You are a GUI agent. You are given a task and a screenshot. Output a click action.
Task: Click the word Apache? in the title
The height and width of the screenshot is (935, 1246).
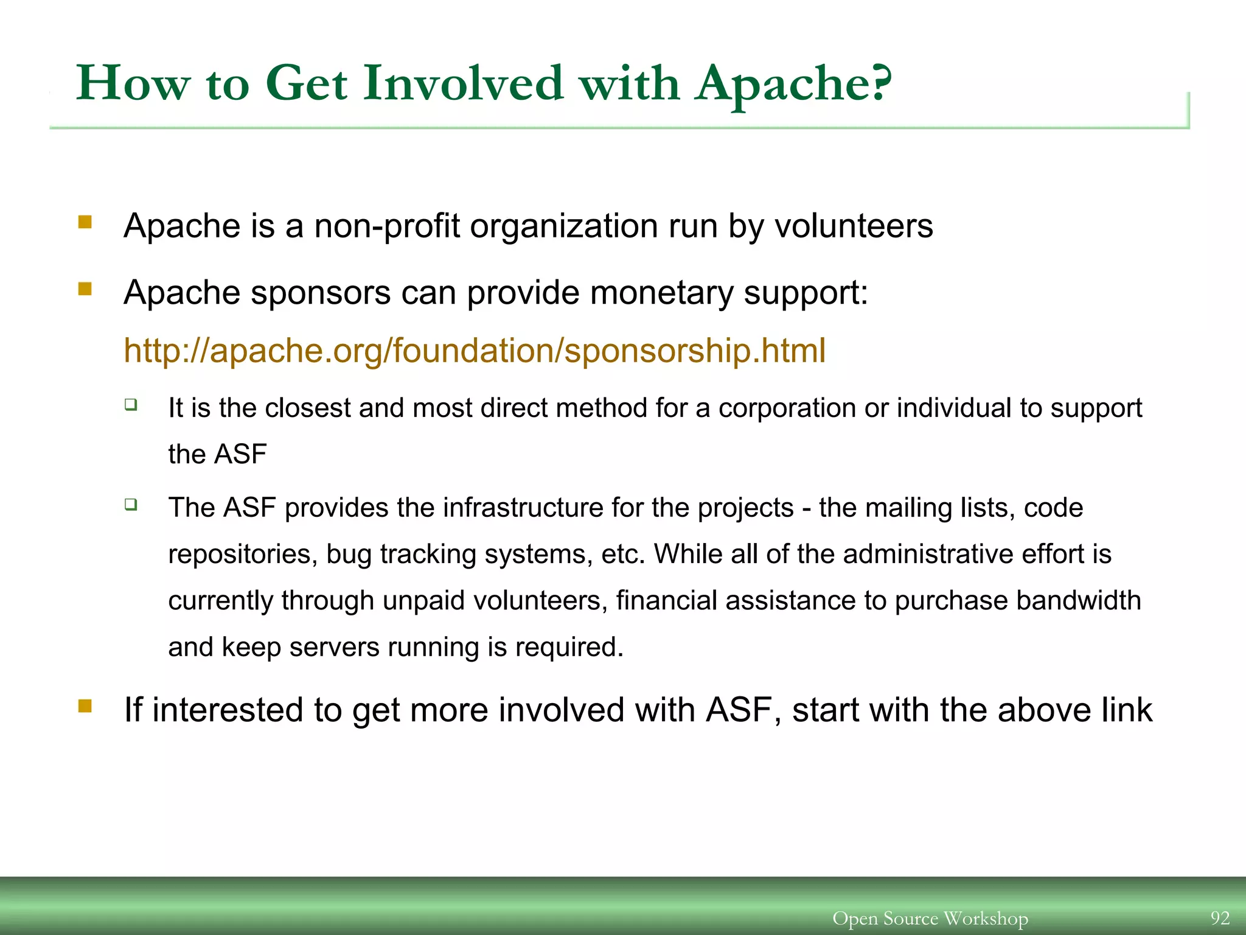coord(794,85)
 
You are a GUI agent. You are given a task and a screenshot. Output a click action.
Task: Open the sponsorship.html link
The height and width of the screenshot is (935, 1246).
coord(475,351)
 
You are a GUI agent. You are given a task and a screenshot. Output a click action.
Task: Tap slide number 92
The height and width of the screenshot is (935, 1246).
coord(1220,918)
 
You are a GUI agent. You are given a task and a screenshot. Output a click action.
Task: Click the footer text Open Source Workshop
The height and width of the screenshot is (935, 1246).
coord(930,918)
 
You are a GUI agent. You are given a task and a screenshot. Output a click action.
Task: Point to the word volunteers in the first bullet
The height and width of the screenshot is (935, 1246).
coord(853,226)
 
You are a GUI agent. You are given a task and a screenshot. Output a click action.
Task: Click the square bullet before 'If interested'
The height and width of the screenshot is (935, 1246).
coord(85,706)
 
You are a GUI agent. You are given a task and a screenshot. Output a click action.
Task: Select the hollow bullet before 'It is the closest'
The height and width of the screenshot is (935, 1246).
coord(131,404)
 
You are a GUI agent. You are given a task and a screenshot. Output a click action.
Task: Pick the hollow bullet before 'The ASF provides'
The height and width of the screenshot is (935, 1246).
coord(131,503)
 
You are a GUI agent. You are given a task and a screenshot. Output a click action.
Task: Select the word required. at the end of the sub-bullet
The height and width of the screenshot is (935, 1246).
coord(569,648)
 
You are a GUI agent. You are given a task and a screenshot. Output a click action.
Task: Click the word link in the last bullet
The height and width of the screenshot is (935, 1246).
coord(1127,710)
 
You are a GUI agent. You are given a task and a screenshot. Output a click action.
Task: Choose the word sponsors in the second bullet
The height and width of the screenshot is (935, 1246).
coord(321,293)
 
